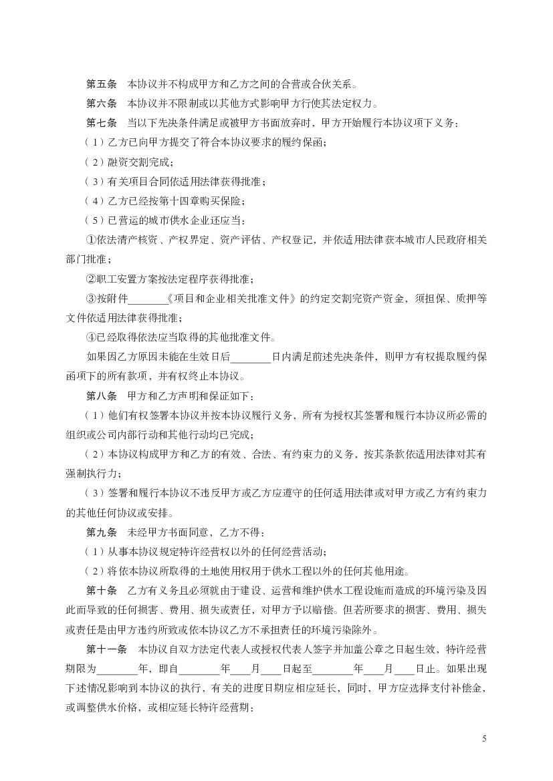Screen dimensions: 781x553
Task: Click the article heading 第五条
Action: pos(102,85)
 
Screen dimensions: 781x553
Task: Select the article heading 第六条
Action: pos(102,104)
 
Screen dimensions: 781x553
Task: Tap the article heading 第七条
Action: pos(102,124)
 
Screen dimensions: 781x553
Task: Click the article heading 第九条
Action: pos(102,532)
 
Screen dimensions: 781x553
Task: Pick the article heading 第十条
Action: pos(102,591)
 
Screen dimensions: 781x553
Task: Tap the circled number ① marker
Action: pos(92,241)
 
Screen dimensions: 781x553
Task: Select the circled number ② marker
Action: pos(92,279)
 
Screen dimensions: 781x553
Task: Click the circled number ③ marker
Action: pos(92,299)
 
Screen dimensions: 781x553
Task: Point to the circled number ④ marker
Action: pos(92,337)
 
